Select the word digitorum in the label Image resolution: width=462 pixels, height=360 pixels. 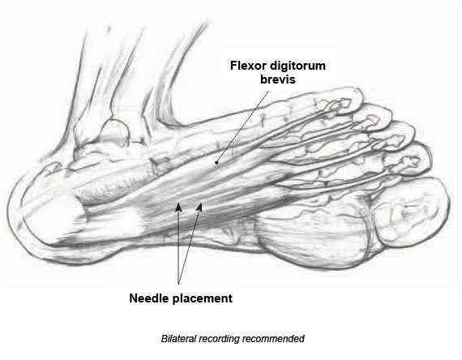click(297, 66)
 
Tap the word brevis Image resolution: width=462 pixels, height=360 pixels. click(277, 79)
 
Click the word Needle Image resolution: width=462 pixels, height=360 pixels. click(149, 298)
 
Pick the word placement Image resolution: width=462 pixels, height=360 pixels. click(203, 299)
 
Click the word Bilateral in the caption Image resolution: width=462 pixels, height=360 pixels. click(178, 338)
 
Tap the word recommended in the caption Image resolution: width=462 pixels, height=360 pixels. click(273, 338)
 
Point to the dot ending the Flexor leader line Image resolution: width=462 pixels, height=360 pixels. click(216, 162)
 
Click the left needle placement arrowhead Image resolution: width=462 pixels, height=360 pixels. click(178, 208)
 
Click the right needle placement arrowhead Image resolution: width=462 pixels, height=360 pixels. click(200, 208)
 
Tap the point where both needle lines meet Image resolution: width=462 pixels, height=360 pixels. click(178, 284)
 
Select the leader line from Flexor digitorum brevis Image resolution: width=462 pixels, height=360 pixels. click(242, 126)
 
